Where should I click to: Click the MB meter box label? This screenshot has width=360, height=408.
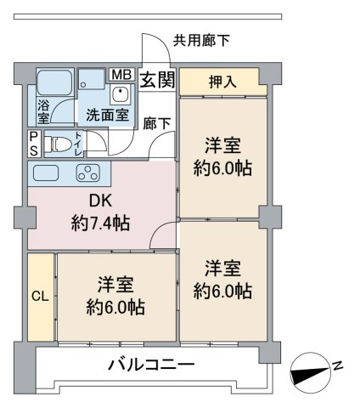coord(122,75)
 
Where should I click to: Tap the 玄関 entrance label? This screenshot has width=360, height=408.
coord(157,80)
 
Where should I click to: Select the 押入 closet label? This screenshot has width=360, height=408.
coord(222,82)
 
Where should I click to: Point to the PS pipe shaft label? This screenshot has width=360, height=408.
coord(34,144)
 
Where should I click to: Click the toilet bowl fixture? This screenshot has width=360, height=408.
coord(59,144)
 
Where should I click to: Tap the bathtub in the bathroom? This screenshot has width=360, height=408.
coord(54,82)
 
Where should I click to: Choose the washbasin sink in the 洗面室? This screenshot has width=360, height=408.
coord(121,94)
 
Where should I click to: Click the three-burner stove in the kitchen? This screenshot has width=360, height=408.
coord(88,173)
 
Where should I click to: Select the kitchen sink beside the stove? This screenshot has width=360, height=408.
coord(46,173)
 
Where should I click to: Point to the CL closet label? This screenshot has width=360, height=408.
coord(40,297)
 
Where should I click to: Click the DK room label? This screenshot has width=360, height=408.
coord(100,201)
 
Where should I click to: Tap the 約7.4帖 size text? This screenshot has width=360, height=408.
coord(101,223)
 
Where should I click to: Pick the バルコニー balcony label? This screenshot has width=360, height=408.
coord(152,365)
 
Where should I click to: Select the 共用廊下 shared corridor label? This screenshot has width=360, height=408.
coord(201,40)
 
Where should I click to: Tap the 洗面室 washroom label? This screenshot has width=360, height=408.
coord(108,115)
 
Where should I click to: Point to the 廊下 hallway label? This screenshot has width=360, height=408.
coord(156,123)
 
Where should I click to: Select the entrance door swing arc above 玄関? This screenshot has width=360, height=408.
coord(162,41)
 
